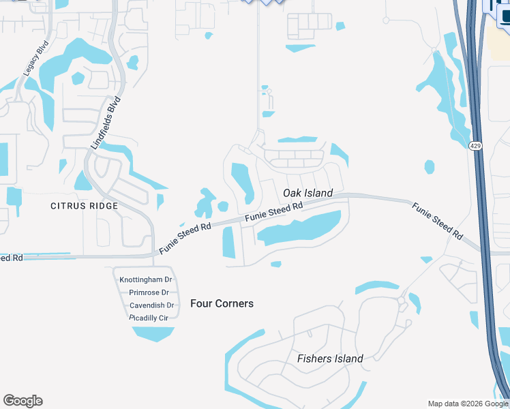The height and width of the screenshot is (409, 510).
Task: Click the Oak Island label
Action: click(307, 193)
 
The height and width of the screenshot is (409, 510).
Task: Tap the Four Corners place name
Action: click(222, 303)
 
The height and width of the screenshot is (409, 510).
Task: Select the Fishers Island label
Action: click(330, 359)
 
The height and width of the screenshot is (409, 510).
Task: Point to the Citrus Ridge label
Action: click(84, 205)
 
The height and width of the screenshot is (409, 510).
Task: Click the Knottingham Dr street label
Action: click(146, 280)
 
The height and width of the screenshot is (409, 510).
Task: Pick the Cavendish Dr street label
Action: click(151, 305)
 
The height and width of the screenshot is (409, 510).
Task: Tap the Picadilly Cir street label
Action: click(149, 318)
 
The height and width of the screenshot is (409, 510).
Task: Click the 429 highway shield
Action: click(475, 145)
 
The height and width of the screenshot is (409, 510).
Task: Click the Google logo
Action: click(22, 401)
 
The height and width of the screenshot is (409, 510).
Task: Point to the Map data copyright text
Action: click(468, 404)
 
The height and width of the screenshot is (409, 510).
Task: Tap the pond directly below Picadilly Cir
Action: click(153, 333)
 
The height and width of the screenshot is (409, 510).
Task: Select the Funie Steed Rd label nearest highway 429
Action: click(436, 220)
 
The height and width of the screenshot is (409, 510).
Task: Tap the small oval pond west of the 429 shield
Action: click(429, 166)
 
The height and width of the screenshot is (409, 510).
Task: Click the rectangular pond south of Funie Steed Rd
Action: click(228, 242)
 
